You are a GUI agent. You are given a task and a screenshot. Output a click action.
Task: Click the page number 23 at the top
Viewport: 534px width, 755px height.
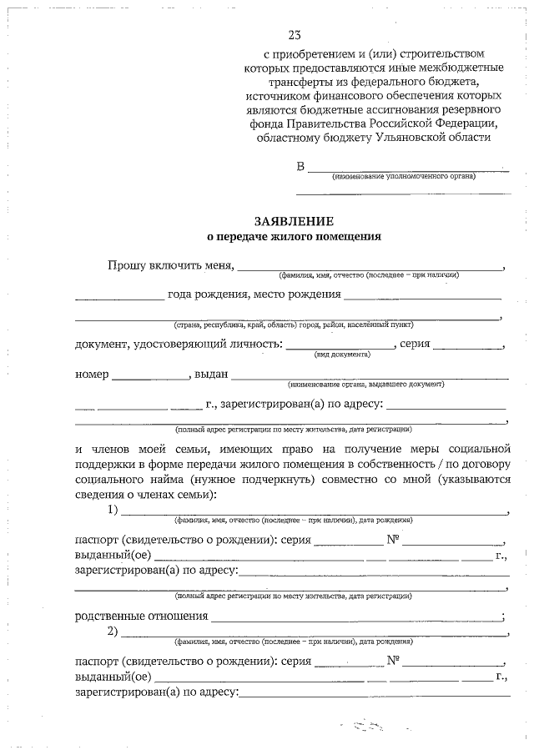(x=294, y=34)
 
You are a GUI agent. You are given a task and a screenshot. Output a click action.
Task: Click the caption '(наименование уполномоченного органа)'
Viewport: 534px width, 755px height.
(x=403, y=177)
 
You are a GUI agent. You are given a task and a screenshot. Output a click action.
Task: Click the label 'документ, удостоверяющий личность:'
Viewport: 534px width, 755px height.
(x=179, y=345)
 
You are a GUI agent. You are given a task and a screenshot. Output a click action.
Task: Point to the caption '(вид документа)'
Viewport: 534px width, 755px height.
(x=342, y=355)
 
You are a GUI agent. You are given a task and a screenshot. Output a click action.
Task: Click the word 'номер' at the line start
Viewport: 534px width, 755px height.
(x=92, y=375)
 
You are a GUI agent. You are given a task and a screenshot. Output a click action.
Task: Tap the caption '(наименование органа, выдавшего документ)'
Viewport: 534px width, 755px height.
(x=365, y=385)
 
